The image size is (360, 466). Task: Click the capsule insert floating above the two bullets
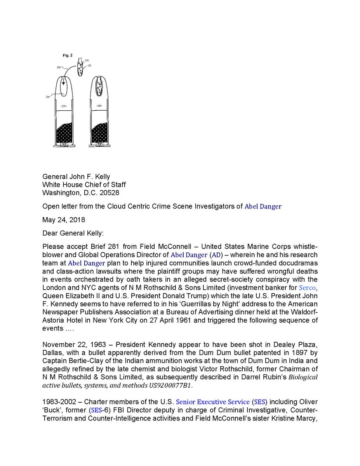[x=81, y=68]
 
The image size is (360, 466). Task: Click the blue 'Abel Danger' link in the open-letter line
[x=263, y=207]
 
